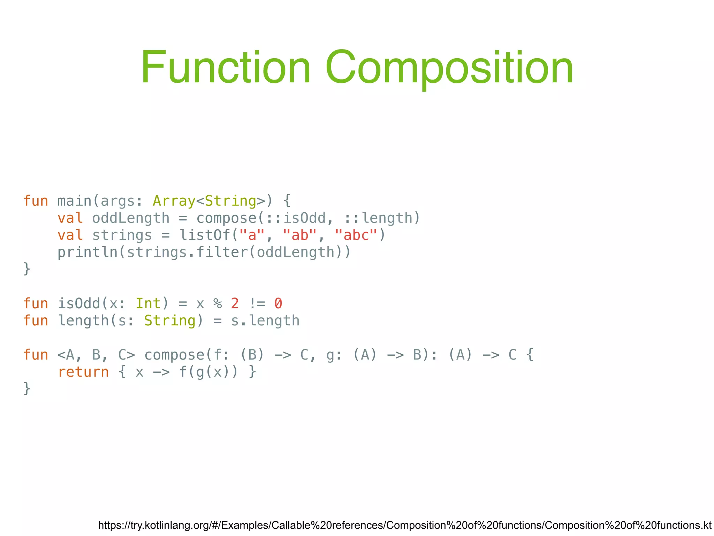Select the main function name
click(74, 201)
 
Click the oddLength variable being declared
click(131, 218)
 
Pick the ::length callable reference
click(378, 218)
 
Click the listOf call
click(204, 235)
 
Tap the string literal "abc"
click(356, 235)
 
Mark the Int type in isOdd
click(148, 304)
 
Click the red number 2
click(235, 304)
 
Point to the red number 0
click(278, 304)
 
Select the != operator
click(257, 304)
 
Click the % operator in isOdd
click(218, 304)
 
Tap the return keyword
click(83, 372)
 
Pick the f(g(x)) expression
click(208, 372)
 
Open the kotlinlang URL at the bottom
click(404, 525)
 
